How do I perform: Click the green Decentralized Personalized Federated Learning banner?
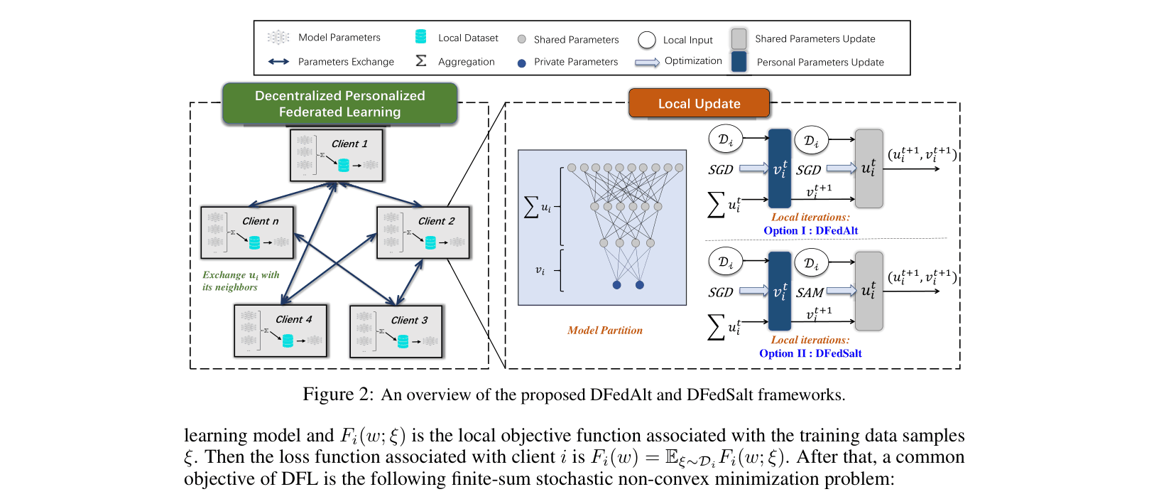coord(339,104)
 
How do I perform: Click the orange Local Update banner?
coord(699,103)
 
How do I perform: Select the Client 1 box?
coord(337,155)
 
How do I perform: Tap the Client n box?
coord(247,232)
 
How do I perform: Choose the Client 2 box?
coord(423,232)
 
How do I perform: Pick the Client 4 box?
coord(281,331)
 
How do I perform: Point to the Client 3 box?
coord(396,331)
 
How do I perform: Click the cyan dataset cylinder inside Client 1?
coord(344,165)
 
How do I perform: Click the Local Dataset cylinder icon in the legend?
coord(420,36)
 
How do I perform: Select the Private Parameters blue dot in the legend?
coord(522,63)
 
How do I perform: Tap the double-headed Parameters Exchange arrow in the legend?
coord(278,62)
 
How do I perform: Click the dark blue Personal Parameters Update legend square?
coord(739,62)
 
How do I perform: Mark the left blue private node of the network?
coord(616,285)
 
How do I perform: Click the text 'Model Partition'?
coord(605,331)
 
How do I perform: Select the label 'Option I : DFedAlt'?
coord(810,230)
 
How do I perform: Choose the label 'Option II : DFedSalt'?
coord(810,353)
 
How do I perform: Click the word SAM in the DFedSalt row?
coord(810,293)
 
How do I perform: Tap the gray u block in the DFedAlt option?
coord(869,169)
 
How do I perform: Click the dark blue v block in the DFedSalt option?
coord(780,291)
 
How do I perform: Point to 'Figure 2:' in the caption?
coord(338,394)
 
